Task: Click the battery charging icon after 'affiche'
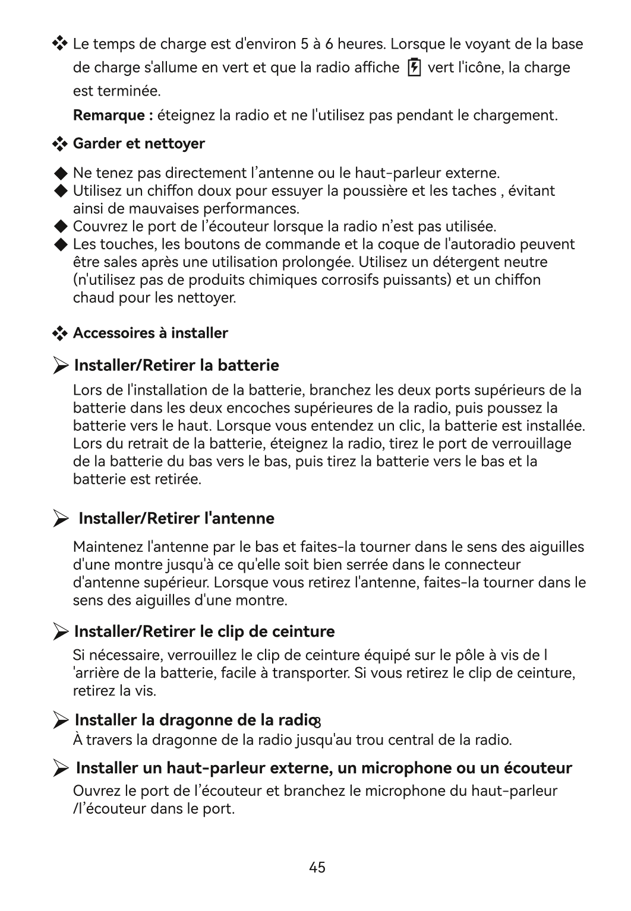pos(414,68)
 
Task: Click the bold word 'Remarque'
pos(109,115)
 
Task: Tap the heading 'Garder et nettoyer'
pos(138,144)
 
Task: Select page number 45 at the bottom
pos(317,867)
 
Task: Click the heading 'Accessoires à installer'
pos(150,333)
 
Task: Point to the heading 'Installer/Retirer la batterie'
pos(176,365)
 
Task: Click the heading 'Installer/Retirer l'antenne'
pos(176,518)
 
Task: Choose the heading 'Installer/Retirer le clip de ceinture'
pos(204,631)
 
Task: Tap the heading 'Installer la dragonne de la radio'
pos(194,720)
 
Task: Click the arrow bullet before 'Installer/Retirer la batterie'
pos(60,366)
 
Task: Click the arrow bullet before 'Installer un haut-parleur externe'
pos(60,769)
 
